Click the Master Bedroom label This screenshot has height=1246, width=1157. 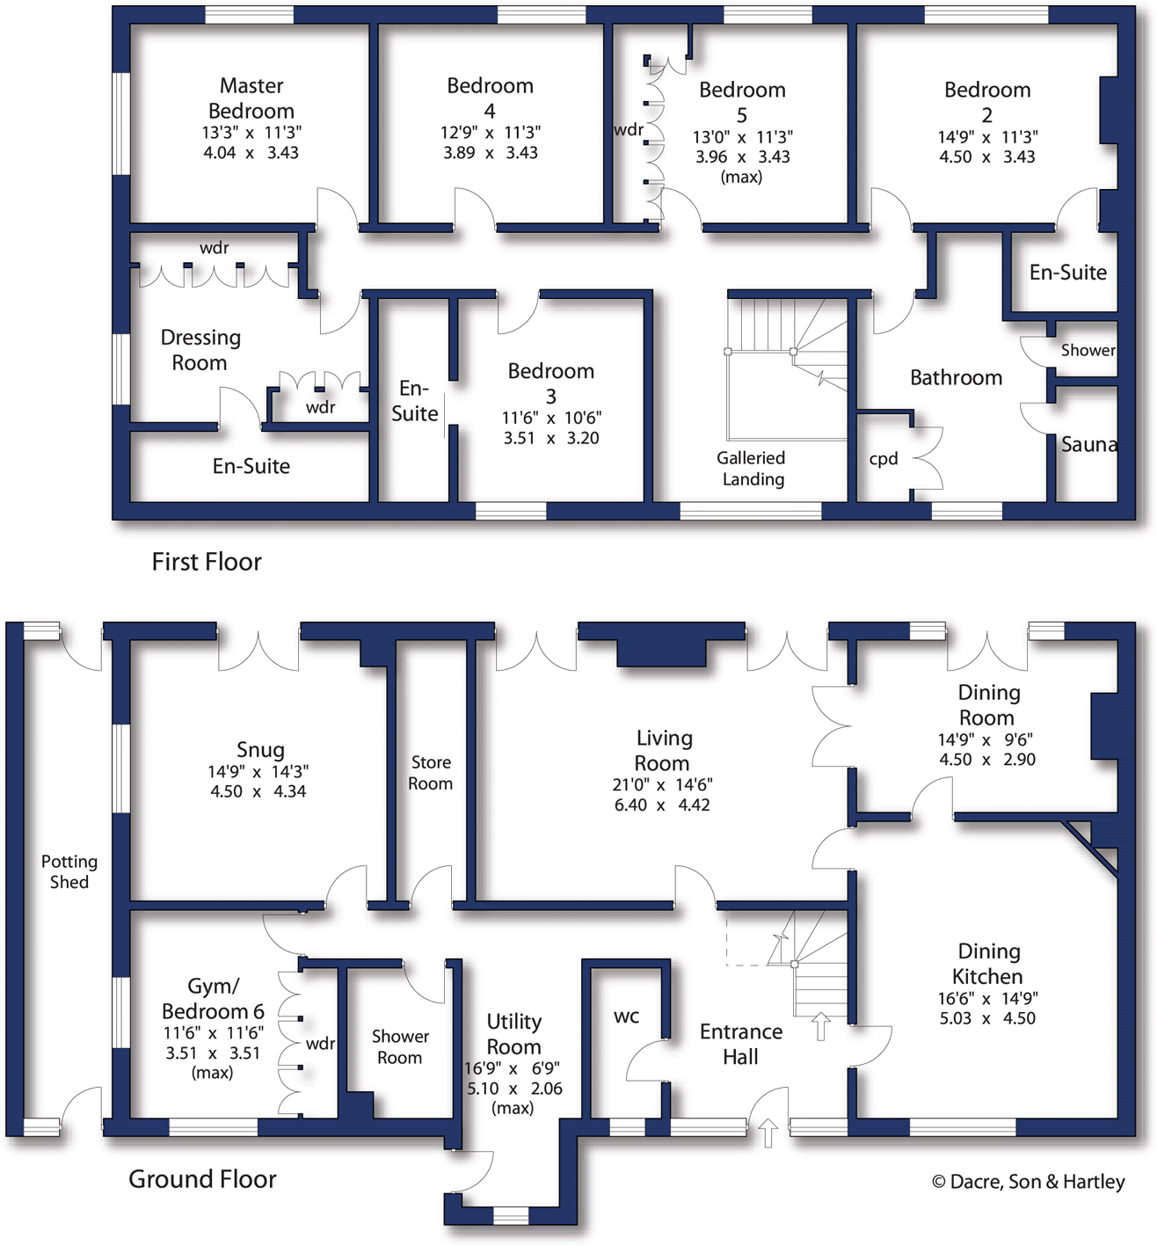pos(251,98)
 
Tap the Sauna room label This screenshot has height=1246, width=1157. pos(1088,445)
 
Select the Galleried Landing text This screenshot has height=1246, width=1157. pos(751,469)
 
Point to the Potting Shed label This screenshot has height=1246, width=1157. pos(69,871)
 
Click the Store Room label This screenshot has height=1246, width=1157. pos(430,773)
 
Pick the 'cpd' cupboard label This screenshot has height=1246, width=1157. pos(884,458)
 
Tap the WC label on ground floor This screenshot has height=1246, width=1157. pos(626,1017)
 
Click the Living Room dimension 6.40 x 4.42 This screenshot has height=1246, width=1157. pos(662,805)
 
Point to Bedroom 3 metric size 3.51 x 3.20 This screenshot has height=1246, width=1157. pos(551,438)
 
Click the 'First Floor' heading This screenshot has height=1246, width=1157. pos(207,562)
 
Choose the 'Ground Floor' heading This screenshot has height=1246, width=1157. pos(202,1179)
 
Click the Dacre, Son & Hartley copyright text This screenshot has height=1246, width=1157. pos(1028,1182)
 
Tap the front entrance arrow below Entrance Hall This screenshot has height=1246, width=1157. pos(768,1133)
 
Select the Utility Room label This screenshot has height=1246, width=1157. pos(513,1034)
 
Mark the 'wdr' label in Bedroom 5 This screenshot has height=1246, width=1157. pos(629,130)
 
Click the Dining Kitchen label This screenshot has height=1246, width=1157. pos(988,964)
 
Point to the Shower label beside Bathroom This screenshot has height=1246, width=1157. pos(1088,350)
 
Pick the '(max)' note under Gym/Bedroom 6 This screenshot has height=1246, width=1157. pos(212,1073)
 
